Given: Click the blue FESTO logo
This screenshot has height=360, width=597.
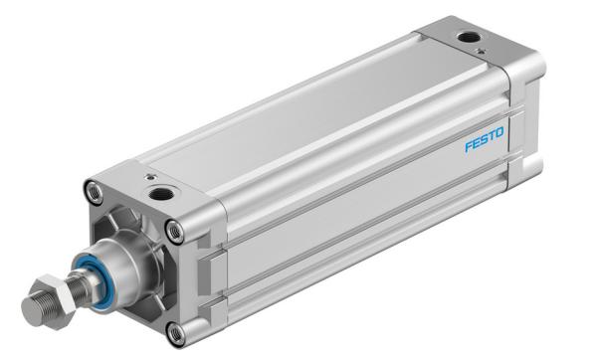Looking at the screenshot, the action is (485, 139).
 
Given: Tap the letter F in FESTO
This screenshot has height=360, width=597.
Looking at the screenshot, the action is (469, 146).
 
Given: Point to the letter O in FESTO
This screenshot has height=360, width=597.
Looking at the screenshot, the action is (499, 133).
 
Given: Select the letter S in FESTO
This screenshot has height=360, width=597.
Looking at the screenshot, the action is (484, 139).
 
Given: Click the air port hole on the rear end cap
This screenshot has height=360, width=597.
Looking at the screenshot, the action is (468, 38).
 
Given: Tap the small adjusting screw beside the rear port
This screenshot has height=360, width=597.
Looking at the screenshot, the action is (482, 51).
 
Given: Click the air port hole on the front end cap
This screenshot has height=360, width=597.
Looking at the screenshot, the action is (161, 194).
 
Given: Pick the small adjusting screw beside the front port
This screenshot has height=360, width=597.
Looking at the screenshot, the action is (152, 177).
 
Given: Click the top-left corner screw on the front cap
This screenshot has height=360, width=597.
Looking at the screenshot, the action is (95, 192).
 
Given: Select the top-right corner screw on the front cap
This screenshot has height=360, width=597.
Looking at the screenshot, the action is (175, 232).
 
